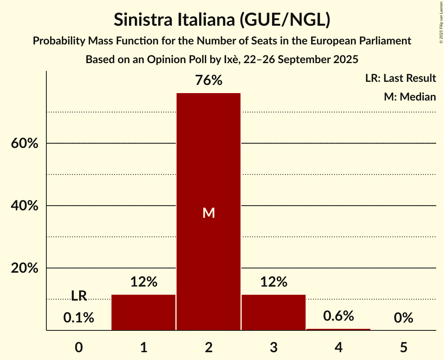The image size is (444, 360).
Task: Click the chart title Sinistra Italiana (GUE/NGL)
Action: [222, 20]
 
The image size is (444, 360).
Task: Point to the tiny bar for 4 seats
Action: [338, 329]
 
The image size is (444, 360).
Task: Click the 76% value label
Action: [209, 80]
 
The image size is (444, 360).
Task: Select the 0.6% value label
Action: [338, 316]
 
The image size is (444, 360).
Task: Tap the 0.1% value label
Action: [79, 318]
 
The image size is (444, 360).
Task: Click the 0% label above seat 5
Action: [403, 318]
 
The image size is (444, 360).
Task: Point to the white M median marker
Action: [209, 213]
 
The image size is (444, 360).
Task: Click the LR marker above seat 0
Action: [79, 296]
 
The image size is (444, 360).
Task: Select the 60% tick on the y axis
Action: [24, 143]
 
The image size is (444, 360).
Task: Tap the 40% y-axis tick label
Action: [24, 206]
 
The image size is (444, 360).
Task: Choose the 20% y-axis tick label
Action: [24, 268]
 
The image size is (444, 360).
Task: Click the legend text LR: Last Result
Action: [400, 78]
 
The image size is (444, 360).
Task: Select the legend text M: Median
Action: [410, 97]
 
